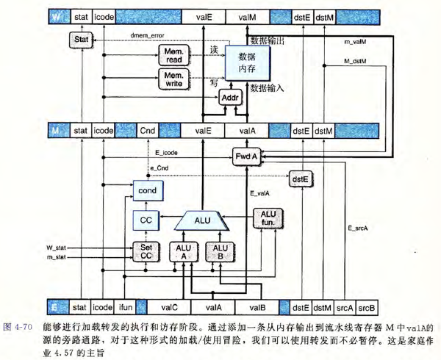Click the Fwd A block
click(x=247, y=156)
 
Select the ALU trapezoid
click(x=202, y=220)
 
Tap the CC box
click(x=146, y=220)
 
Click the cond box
click(x=148, y=190)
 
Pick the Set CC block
click(x=146, y=252)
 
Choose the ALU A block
click(x=183, y=252)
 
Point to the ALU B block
click(x=220, y=252)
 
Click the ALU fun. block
click(x=268, y=218)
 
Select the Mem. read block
click(x=173, y=55)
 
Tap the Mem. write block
click(x=173, y=79)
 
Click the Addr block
click(x=230, y=98)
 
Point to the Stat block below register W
click(x=82, y=40)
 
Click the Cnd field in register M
click(x=148, y=131)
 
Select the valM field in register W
click(x=247, y=18)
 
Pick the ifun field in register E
click(x=126, y=307)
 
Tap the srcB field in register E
click(x=367, y=308)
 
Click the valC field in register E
click(x=169, y=307)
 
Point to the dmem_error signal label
click(x=148, y=36)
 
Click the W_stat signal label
click(x=57, y=248)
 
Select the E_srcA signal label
click(x=358, y=228)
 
